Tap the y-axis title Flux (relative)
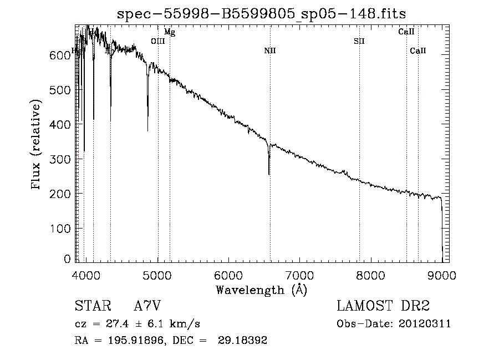(x=37, y=146)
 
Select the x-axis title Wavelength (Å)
(x=261, y=290)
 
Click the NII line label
(x=270, y=51)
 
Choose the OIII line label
(x=157, y=41)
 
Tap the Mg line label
(x=170, y=32)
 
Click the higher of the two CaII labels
(x=406, y=32)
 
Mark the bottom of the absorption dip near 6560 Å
(x=269, y=174)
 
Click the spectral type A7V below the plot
(x=147, y=306)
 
